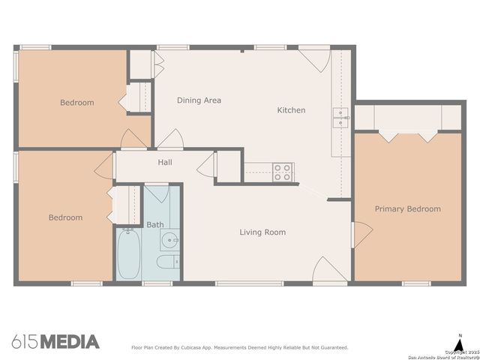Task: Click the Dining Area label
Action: click(199, 100)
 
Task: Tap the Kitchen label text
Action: click(291, 110)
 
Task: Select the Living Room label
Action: click(262, 232)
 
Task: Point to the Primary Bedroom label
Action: click(407, 209)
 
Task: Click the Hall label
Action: click(166, 162)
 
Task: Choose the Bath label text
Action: click(154, 224)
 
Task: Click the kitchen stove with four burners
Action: click(283, 172)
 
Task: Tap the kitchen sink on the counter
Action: click(341, 116)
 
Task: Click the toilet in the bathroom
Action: click(167, 261)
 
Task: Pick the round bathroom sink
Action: click(169, 241)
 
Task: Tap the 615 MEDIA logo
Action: click(55, 342)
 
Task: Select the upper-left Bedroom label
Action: click(76, 103)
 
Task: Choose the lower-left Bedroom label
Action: click(65, 217)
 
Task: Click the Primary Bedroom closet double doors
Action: click(409, 136)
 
